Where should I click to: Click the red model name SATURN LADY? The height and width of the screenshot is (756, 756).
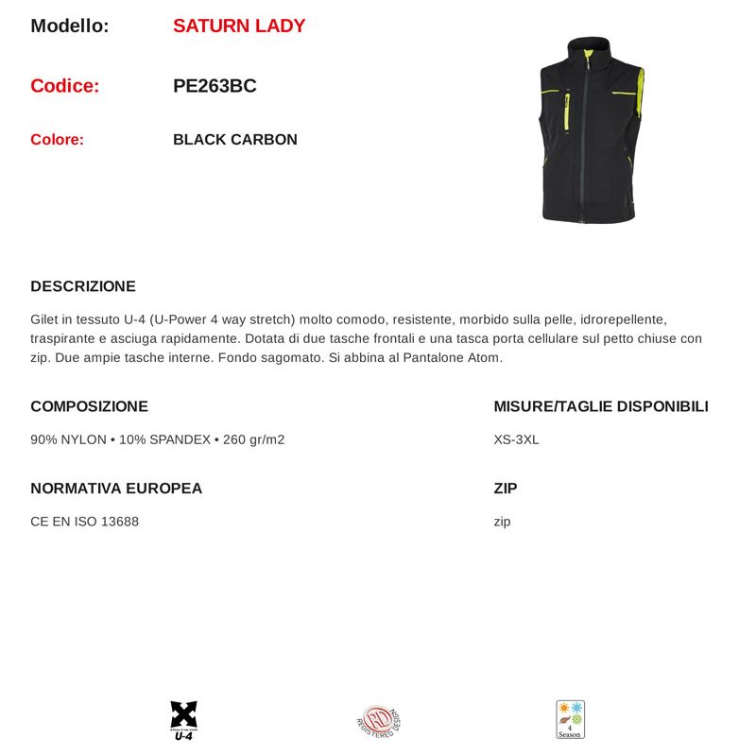pyautogui.click(x=239, y=26)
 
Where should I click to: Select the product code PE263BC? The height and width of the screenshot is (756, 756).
pyautogui.click(x=215, y=86)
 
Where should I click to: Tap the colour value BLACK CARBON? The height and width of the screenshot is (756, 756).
pyautogui.click(x=235, y=140)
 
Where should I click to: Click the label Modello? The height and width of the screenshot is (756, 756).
pyautogui.click(x=70, y=26)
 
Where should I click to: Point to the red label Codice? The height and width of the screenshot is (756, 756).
pyautogui.click(x=64, y=86)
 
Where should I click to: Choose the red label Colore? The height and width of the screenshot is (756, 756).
pyautogui.click(x=57, y=140)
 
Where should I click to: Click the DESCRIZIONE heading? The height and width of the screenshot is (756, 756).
pyautogui.click(x=83, y=286)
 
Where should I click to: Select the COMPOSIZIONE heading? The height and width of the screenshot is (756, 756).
pyautogui.click(x=89, y=406)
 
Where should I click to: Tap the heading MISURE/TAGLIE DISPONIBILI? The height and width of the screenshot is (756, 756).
pyautogui.click(x=600, y=406)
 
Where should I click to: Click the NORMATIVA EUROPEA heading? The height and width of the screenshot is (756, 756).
pyautogui.click(x=116, y=489)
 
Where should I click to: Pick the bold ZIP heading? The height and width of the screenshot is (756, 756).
pyautogui.click(x=506, y=489)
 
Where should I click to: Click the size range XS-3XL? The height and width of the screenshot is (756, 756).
pyautogui.click(x=516, y=439)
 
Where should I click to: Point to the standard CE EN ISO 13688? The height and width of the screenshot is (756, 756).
pyautogui.click(x=84, y=522)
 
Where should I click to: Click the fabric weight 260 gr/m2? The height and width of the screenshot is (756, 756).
pyautogui.click(x=253, y=439)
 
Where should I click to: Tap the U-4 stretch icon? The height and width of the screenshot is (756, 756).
pyautogui.click(x=183, y=720)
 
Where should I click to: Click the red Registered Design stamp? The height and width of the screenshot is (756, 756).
pyautogui.click(x=379, y=721)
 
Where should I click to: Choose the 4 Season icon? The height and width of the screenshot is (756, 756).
pyautogui.click(x=570, y=719)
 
